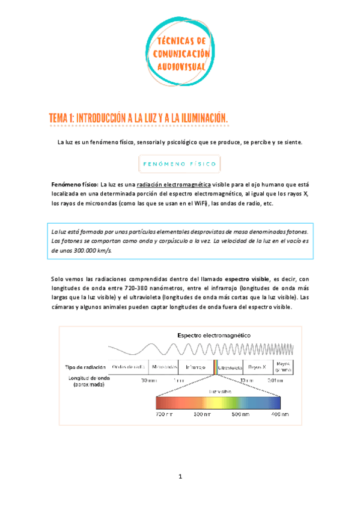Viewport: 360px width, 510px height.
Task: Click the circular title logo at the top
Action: [x=180, y=51]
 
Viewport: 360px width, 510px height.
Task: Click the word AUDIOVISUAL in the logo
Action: [x=180, y=65]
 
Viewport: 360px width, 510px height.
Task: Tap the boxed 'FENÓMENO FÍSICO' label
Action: [x=180, y=163]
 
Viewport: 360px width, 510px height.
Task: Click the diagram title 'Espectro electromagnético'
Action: [x=214, y=334]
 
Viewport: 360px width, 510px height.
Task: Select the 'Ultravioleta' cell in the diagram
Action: [x=229, y=366]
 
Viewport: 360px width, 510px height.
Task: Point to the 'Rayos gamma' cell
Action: [x=282, y=366]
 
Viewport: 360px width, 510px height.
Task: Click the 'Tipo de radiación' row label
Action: [x=85, y=366]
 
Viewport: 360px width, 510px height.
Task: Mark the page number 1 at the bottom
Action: [x=180, y=478]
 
